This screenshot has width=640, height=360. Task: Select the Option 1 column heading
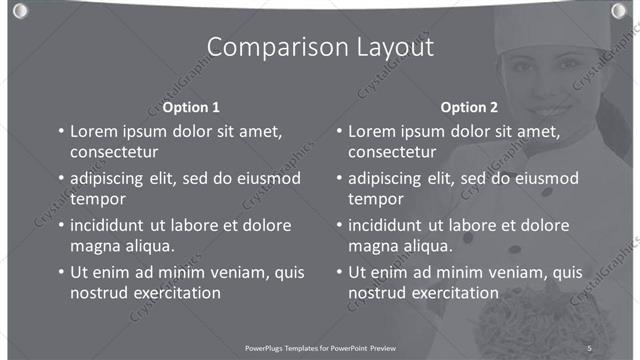[x=191, y=107]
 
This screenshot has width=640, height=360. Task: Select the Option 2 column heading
[x=468, y=107]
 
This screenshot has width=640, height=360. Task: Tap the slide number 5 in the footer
[x=589, y=347]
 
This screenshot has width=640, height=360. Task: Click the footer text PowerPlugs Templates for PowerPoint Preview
[x=320, y=347]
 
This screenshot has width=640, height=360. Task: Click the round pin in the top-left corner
[x=21, y=10]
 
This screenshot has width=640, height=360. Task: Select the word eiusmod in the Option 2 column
[x=544, y=179]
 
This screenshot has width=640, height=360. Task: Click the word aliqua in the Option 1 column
[x=147, y=246]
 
